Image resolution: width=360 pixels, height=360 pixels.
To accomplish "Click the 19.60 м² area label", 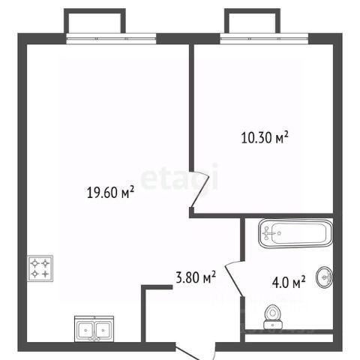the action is coord(110,192).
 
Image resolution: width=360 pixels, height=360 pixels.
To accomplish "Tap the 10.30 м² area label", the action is coord(265,137).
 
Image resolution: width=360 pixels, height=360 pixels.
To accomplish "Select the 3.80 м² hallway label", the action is coord(196,277).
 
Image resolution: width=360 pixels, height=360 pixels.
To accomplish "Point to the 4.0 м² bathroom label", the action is coord(289,283).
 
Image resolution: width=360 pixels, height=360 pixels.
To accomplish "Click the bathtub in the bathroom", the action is coord(296,233).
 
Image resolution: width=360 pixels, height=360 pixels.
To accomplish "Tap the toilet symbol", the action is coord(273,316).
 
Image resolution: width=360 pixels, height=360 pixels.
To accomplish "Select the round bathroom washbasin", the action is coord(325,277).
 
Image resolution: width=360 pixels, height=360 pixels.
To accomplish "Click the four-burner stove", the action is coord(40,268).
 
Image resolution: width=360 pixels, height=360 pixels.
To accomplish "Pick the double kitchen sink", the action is coord(94,328).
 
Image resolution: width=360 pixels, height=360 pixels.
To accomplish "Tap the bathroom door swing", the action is coord(234,278).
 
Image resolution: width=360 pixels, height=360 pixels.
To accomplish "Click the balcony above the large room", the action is coord(94,21).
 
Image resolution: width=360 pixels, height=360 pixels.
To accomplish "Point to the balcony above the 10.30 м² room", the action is coord(252,21).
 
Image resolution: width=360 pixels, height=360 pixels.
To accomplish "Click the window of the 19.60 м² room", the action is coord(111,39).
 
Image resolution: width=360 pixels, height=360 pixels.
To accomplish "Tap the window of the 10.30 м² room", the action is coord(264,39).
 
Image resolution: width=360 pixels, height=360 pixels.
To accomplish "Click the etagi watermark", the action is coord(179,178).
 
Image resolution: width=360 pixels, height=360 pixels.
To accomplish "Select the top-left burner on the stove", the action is coord(34,263).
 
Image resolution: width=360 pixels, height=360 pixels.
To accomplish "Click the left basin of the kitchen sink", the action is coord(85,330).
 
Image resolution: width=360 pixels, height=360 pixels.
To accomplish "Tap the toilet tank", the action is coord(273,325).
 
